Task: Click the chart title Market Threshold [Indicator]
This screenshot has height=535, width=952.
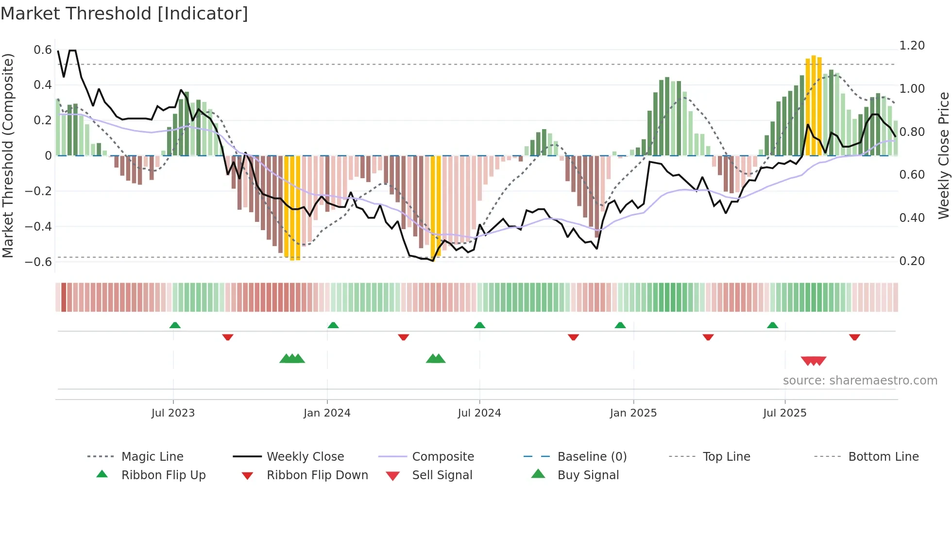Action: pyautogui.click(x=124, y=14)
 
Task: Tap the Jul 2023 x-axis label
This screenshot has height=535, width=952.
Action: pyautogui.click(x=173, y=413)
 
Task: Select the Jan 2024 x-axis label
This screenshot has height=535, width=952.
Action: pyautogui.click(x=327, y=413)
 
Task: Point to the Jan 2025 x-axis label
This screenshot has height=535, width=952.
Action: pyautogui.click(x=633, y=413)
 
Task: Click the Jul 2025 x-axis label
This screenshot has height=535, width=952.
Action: pyautogui.click(x=785, y=413)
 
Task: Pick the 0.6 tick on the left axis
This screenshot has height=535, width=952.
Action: pyautogui.click(x=43, y=50)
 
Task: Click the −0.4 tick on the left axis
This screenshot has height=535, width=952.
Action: pyautogui.click(x=38, y=226)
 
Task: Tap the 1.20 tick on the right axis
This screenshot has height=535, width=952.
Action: pyautogui.click(x=912, y=46)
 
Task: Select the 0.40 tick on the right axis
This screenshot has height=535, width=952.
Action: pyautogui.click(x=912, y=218)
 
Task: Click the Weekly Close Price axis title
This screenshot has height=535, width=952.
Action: pyautogui.click(x=943, y=155)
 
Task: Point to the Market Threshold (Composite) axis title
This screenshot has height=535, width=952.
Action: pyautogui.click(x=8, y=155)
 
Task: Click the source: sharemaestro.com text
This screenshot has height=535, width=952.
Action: pyautogui.click(x=860, y=381)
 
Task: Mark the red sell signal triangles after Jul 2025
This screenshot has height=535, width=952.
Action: pyautogui.click(x=814, y=361)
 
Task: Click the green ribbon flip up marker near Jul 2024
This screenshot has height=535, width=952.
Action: pyautogui.click(x=479, y=325)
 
